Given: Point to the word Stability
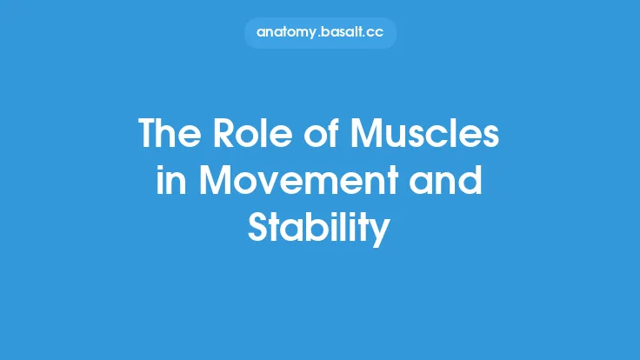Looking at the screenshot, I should (319, 230).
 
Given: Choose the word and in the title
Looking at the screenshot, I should (449, 183).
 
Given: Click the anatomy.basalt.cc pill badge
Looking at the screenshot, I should (320, 32).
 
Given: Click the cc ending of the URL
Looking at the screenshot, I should (376, 33).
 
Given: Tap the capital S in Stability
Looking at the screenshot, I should (258, 230).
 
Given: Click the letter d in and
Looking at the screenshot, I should (472, 183).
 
